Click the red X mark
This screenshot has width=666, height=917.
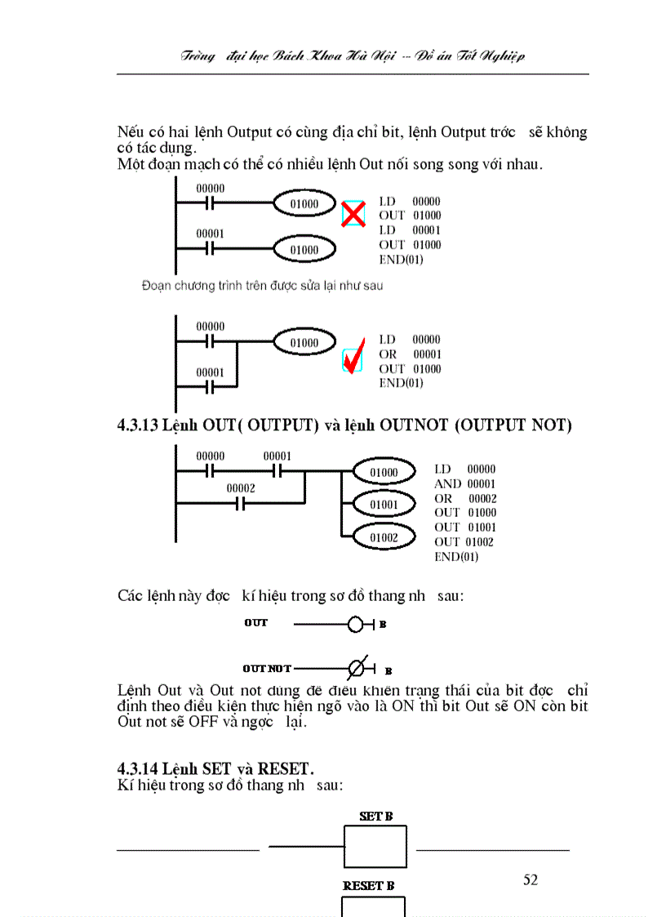pos(353,215)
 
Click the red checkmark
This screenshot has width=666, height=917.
pos(353,359)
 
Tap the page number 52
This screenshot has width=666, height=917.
pos(531,879)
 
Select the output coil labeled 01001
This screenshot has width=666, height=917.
pos(384,505)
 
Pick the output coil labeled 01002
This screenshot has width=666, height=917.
pos(384,537)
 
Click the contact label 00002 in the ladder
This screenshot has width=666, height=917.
pos(241,488)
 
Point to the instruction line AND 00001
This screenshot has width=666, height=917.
pos(464,483)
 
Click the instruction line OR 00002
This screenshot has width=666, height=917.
pos(464,498)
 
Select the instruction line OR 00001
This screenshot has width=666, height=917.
pos(410,354)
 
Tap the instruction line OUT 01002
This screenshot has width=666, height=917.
pos(464,541)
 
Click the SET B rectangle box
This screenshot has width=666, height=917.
pos(375,847)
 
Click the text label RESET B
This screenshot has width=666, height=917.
pos(369,885)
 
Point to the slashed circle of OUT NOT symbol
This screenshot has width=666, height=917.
pos(356,669)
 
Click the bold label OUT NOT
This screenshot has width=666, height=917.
pos(267,669)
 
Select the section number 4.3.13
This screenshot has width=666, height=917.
pos(138,425)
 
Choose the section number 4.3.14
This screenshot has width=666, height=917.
pos(138,769)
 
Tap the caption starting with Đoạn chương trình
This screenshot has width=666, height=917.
pos(261,286)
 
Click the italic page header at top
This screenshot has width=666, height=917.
pos(353,56)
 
